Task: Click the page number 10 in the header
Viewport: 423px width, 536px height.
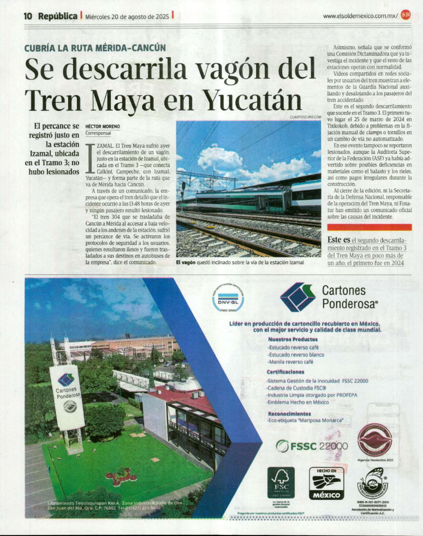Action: [x=29, y=16]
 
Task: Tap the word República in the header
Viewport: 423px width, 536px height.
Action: [x=58, y=16]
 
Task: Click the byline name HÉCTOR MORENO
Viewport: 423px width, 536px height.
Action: [x=103, y=126]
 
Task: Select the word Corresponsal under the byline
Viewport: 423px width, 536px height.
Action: [x=98, y=133]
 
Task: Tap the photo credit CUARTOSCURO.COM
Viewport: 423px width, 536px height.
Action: [x=305, y=117]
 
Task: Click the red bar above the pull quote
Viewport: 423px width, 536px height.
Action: [x=370, y=227]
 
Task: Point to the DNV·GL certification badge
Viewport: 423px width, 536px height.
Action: [x=228, y=299]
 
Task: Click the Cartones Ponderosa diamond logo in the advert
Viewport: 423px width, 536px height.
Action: [x=297, y=297]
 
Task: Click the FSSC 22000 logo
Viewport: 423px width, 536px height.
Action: [x=312, y=445]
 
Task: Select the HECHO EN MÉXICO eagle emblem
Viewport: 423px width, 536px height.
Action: [x=327, y=483]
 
